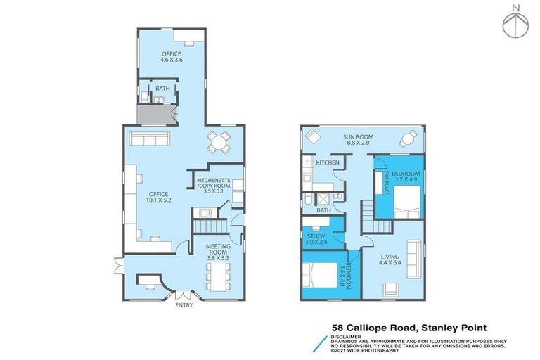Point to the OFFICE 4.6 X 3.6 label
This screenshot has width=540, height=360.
[x=171, y=57]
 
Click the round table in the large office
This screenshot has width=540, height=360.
[x=219, y=143]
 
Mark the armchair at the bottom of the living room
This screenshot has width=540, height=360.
[x=390, y=288]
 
